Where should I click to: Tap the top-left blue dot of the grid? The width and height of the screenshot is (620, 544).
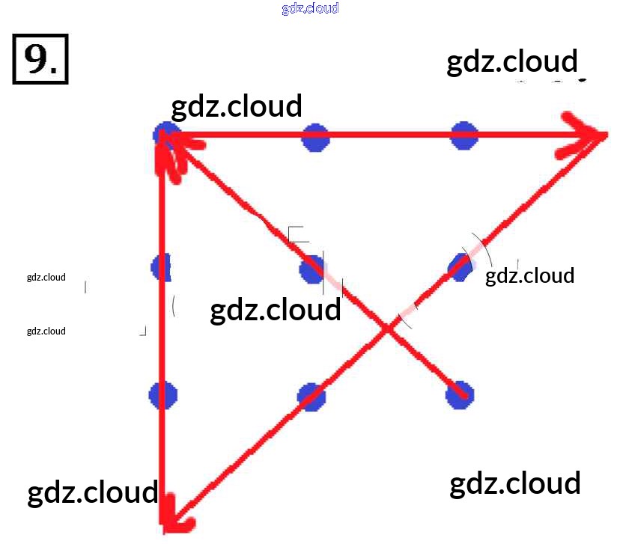coord(165,135)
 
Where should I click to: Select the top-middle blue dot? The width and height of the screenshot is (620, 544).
coord(315,138)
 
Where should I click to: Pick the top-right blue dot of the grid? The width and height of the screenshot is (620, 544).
coord(464,136)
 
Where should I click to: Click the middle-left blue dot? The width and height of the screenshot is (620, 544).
coord(161,267)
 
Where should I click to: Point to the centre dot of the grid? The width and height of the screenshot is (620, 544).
coord(312,269)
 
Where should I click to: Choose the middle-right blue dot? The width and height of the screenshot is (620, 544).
coord(461,266)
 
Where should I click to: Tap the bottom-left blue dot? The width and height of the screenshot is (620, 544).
coord(162,395)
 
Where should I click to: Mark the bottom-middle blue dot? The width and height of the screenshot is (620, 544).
coord(311,397)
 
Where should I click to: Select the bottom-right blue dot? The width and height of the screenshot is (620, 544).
coord(460,394)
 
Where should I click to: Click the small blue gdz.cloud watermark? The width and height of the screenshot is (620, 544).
coord(310,8)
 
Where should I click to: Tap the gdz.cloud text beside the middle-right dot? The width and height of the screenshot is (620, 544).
coord(529,276)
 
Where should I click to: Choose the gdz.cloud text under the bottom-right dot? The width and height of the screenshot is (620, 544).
coord(514,484)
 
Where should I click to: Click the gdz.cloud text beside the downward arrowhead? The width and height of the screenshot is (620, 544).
coord(92,493)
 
